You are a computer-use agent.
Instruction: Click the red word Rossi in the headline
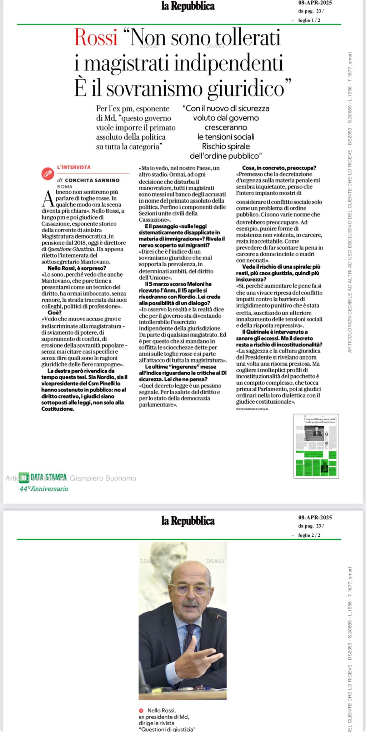click(x=96, y=38)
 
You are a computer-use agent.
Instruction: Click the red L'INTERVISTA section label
click(x=74, y=167)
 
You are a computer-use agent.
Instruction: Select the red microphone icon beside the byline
click(x=47, y=173)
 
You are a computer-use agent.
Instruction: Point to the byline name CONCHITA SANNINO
click(x=92, y=180)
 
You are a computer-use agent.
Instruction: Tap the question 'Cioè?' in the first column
click(x=55, y=312)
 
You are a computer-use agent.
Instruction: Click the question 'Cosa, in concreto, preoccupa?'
click(x=279, y=168)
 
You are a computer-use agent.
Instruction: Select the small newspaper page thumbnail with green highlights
click(x=316, y=446)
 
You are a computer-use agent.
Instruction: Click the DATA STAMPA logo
click(x=43, y=477)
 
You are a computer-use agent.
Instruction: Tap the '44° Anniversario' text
click(x=44, y=489)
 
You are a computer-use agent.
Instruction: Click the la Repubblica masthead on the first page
click(x=188, y=6)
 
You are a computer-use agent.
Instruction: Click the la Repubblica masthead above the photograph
click(x=188, y=521)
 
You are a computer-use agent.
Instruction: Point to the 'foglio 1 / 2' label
click(x=309, y=20)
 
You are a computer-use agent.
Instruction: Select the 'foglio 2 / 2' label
click(x=309, y=535)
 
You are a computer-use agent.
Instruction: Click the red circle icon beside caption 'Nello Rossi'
click(x=141, y=711)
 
